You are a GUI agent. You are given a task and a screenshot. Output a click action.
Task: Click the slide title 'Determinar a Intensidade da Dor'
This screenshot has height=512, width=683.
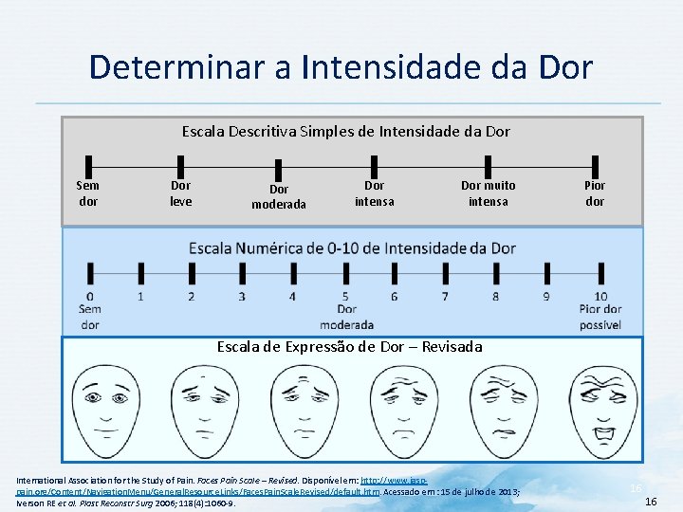(x=341, y=67)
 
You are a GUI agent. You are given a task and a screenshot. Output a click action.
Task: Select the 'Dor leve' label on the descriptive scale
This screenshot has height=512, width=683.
(x=180, y=193)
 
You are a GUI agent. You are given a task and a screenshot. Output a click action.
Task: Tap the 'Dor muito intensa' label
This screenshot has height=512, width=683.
(x=488, y=193)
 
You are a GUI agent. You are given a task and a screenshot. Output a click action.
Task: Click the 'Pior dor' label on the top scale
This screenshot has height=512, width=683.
(x=595, y=193)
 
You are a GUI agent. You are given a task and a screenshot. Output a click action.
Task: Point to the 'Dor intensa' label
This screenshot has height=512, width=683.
(x=374, y=193)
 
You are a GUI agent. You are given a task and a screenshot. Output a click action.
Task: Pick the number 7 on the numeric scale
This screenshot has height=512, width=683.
(x=444, y=297)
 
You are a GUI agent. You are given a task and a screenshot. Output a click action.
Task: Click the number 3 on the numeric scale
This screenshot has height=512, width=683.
(x=242, y=297)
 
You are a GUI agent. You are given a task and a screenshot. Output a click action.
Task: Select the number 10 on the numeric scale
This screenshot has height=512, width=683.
(x=600, y=297)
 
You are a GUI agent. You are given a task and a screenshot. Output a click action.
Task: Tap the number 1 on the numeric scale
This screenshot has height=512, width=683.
(x=140, y=297)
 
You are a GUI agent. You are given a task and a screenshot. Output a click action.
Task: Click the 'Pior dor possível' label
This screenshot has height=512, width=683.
(x=600, y=317)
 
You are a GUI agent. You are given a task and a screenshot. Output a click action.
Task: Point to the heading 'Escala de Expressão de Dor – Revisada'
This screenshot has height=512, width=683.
(x=349, y=347)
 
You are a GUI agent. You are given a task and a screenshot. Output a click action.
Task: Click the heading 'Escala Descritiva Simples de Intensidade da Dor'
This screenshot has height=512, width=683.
(x=345, y=132)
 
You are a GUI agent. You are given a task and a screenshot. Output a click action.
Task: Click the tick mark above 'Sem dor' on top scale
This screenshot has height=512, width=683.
(x=88, y=168)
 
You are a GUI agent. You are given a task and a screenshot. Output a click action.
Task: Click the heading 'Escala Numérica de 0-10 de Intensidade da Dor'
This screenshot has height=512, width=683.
(x=352, y=248)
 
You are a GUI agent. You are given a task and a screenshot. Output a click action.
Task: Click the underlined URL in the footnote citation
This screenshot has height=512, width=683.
(x=190, y=490)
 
